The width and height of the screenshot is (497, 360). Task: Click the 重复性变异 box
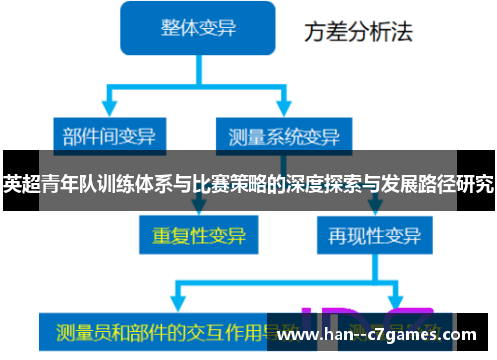tap(199, 236)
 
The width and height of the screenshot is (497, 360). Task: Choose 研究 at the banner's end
tap(476, 183)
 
